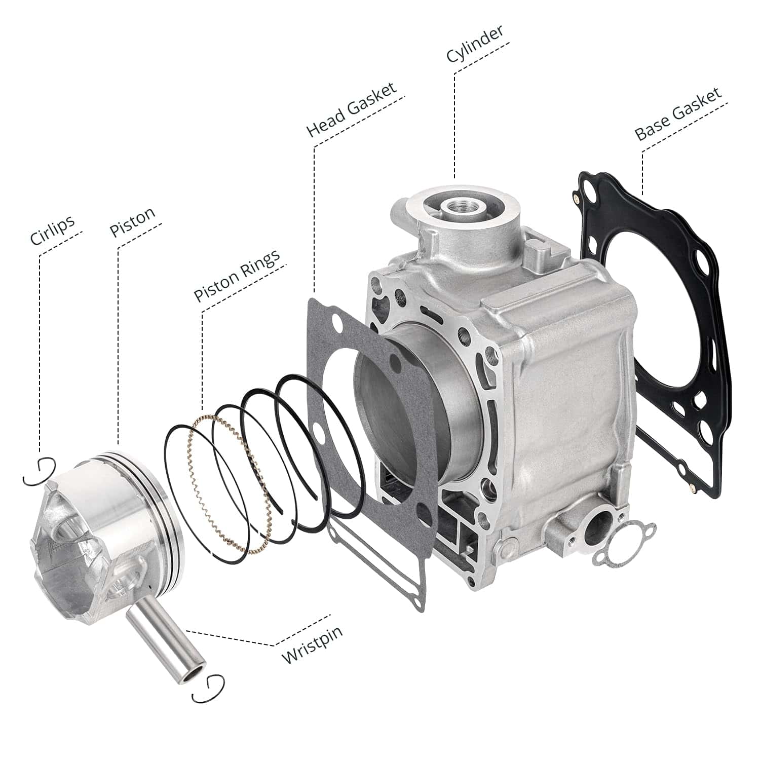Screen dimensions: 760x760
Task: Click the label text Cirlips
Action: pos(52,230)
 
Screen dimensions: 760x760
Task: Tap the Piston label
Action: pos(133,222)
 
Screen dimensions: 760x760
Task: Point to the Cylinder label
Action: pos(475,44)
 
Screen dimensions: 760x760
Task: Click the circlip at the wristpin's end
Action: pos(208,689)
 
